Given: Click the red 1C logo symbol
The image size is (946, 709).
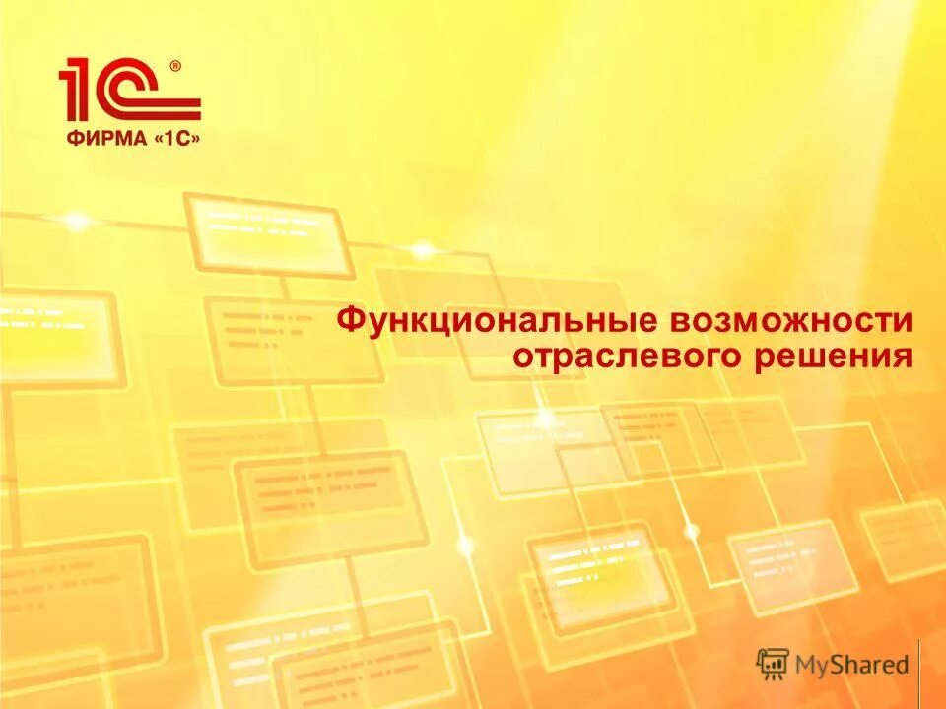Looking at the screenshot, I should [128, 91].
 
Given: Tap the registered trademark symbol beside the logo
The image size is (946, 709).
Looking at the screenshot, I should [174, 66].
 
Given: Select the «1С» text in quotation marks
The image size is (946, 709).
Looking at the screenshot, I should [175, 139].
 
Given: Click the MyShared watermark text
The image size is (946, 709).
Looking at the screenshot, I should [853, 664].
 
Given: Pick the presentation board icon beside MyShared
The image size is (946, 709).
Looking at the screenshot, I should [773, 663].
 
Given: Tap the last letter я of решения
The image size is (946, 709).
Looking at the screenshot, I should [901, 356].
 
